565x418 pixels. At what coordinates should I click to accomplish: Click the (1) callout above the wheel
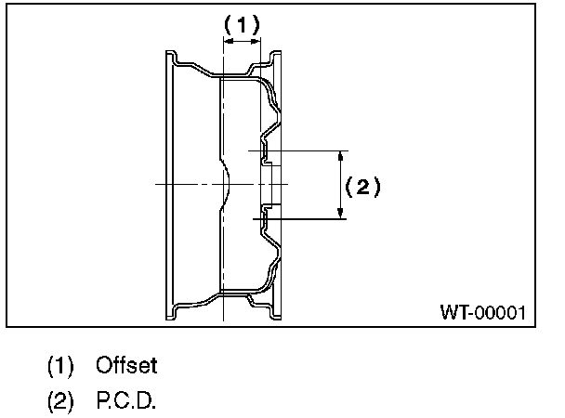click(243, 26)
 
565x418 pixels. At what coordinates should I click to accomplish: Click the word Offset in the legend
click(126, 366)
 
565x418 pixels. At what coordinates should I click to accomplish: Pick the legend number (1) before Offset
click(61, 366)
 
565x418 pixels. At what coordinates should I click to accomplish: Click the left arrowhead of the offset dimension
click(228, 40)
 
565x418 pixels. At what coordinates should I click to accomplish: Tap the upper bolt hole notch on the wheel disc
click(264, 152)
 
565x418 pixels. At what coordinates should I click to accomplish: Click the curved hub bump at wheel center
click(229, 184)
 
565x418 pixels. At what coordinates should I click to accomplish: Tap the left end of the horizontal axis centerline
click(156, 185)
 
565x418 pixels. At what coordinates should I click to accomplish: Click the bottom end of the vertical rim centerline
click(224, 320)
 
